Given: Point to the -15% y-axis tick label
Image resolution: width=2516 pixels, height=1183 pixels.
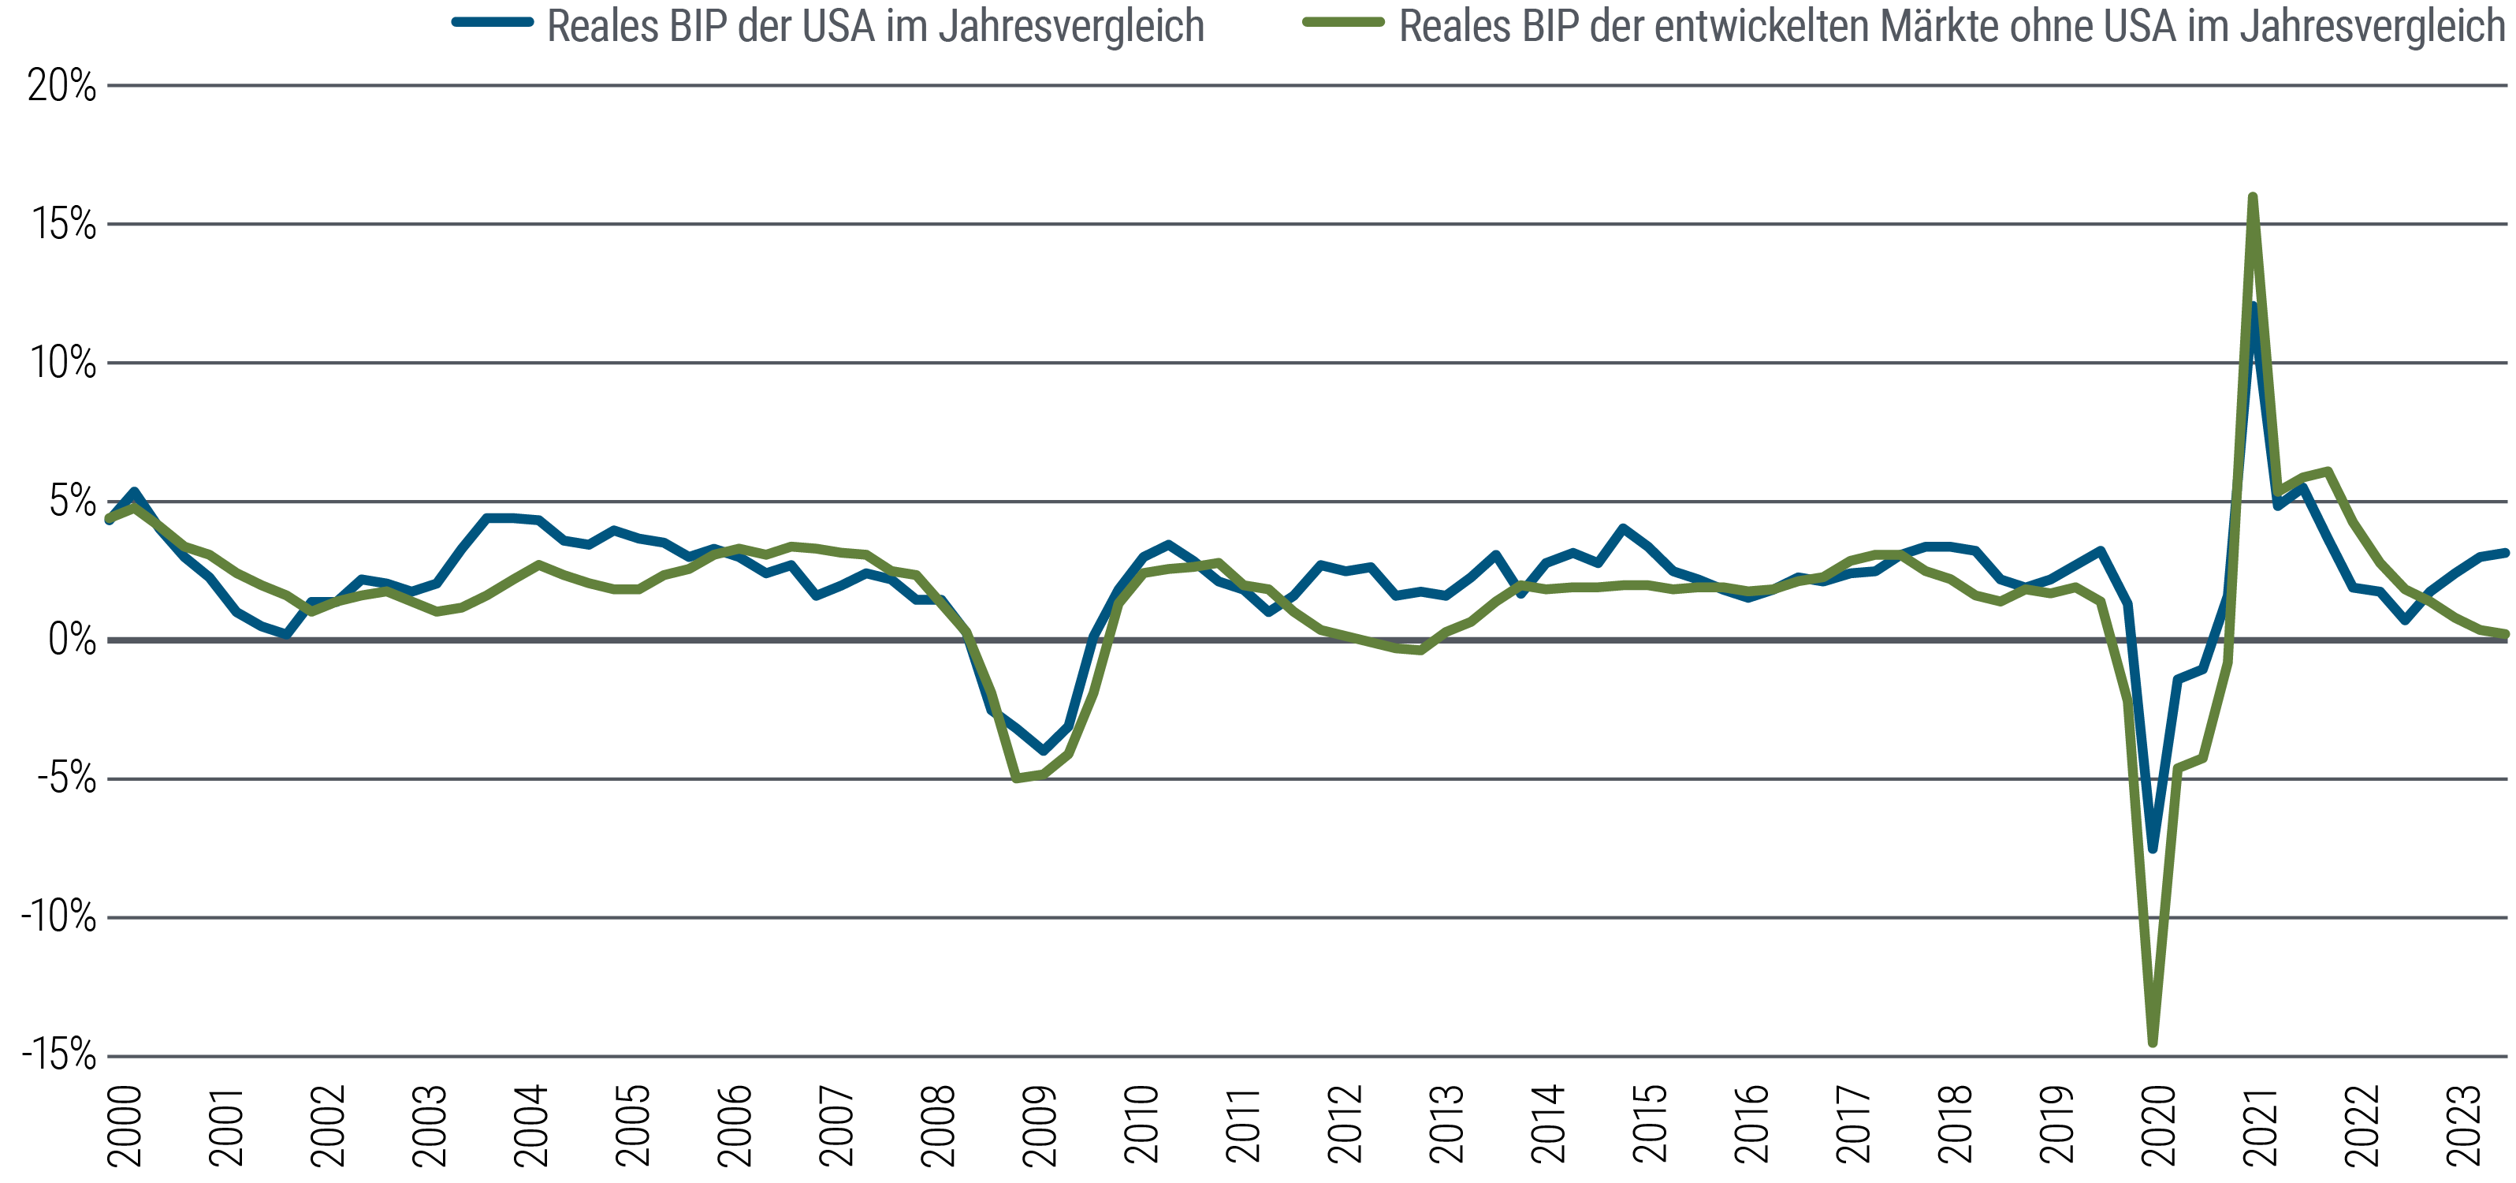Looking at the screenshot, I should [58, 1055].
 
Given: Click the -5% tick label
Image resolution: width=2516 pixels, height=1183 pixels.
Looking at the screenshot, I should [66, 779].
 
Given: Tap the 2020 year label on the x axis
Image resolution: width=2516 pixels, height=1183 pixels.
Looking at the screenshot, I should [2158, 1125].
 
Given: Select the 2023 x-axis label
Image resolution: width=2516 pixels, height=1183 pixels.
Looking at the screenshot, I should [2463, 1125].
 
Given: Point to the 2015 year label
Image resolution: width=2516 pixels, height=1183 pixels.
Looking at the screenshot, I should [1651, 1125].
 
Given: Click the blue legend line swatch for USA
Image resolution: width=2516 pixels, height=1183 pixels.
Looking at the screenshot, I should [493, 22].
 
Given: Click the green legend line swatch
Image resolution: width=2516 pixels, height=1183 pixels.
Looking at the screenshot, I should [1344, 22].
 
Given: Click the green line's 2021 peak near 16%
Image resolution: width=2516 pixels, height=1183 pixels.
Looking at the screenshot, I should [2252, 197].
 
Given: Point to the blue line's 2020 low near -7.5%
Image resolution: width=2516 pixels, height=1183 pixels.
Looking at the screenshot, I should [2153, 849].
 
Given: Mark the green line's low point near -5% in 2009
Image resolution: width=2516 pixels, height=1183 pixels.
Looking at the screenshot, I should [1017, 778].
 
